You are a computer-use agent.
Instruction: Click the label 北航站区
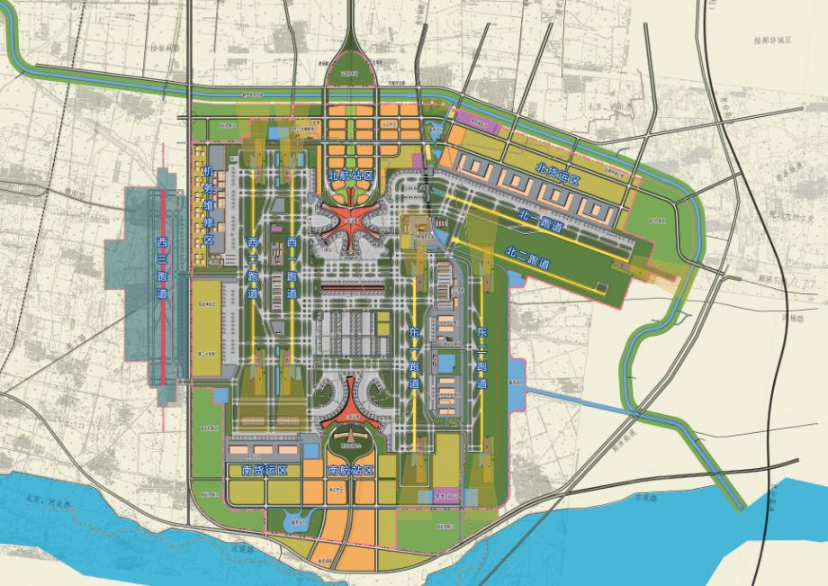(347, 176)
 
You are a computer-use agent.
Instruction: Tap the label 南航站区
(349, 471)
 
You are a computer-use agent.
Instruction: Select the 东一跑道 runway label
(414, 358)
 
